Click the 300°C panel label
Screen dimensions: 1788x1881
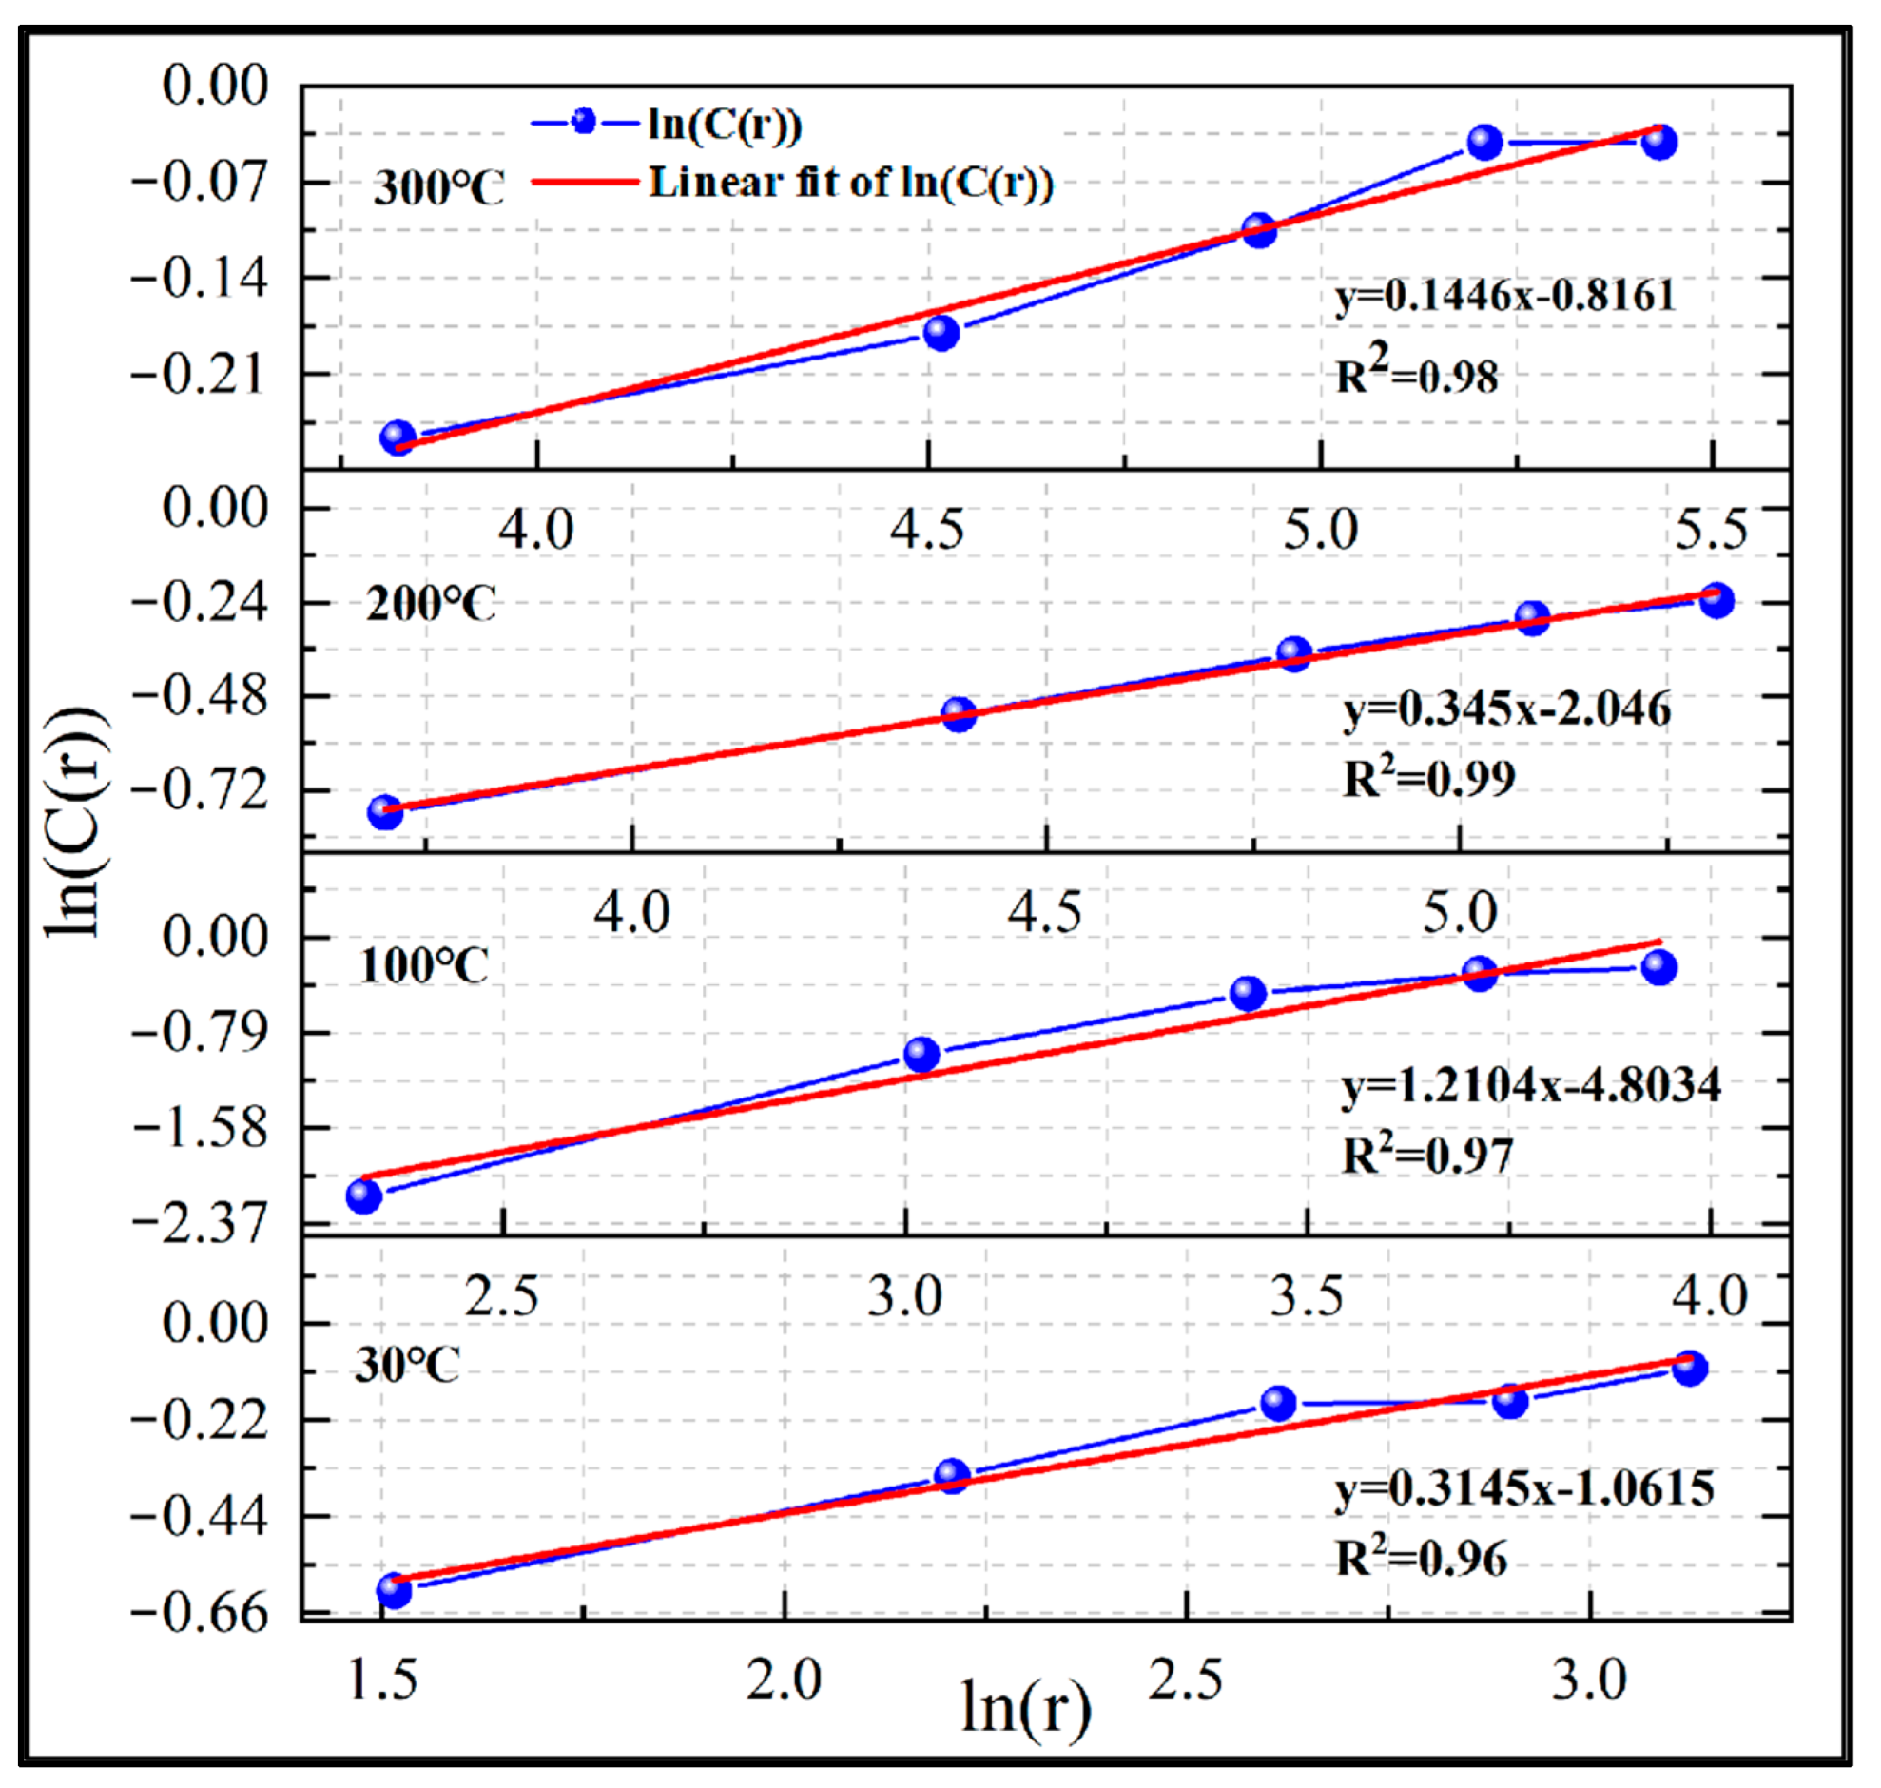point(438,186)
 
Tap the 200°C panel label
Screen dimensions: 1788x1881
point(432,604)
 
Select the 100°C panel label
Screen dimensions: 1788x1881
point(424,966)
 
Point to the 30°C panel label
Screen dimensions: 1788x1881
point(408,1366)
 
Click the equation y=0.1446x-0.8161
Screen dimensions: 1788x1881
point(1505,297)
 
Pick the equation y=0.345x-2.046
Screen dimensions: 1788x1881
point(1506,709)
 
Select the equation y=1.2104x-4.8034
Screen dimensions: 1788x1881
point(1531,1085)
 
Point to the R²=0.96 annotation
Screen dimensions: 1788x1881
point(1422,1557)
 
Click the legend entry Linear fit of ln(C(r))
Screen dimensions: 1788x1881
point(851,181)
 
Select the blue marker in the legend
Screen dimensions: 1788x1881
point(584,122)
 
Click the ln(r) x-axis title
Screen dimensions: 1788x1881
point(1025,1707)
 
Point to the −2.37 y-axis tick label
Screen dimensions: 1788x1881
point(201,1223)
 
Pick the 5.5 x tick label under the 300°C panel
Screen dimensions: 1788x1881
point(1712,530)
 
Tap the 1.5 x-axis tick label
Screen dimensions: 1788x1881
point(383,1680)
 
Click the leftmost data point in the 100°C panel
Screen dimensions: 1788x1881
point(364,1195)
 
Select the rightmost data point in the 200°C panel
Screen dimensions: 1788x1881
point(1716,600)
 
